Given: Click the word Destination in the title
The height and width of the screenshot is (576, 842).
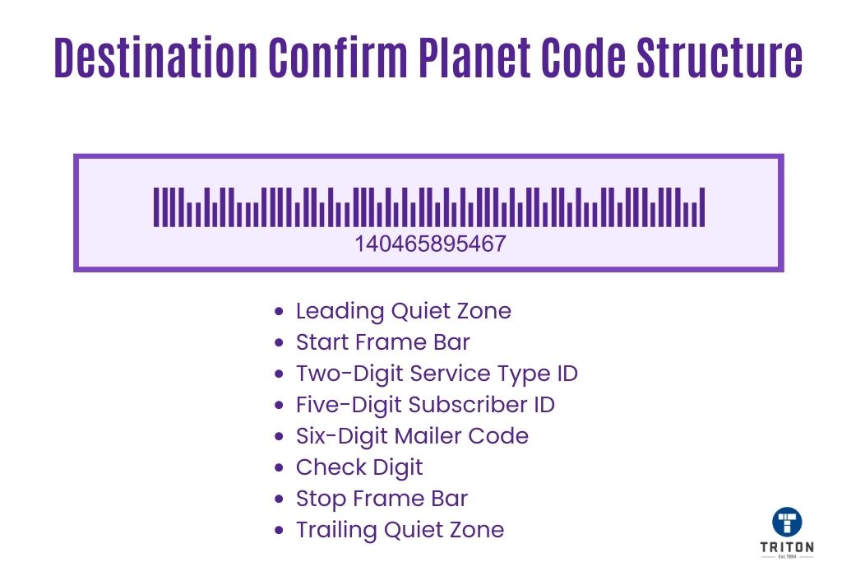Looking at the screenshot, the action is (155, 57).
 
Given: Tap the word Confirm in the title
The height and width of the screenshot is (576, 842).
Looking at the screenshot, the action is (338, 57).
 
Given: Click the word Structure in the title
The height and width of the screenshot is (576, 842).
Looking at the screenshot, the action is (719, 57).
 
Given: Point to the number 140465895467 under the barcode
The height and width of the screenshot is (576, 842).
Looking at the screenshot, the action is (430, 244).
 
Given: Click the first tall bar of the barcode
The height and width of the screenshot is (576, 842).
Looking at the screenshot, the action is (156, 207).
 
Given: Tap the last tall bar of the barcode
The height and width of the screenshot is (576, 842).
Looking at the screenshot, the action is (702, 207).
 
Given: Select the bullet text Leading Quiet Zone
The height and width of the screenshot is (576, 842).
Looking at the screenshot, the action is (403, 311).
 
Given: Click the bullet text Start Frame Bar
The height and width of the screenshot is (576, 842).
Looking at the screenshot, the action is (383, 342).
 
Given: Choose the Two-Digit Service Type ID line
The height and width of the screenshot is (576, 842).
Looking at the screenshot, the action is (437, 374).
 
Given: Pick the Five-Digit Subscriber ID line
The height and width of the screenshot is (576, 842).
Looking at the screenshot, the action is (425, 405).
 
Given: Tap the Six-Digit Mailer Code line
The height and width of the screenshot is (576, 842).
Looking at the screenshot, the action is (412, 436).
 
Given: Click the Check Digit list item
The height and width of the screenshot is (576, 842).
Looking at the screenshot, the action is (359, 467).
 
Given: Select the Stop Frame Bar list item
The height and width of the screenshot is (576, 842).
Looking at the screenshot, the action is (382, 499).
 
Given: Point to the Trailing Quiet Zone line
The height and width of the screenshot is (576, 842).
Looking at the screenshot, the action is (400, 530).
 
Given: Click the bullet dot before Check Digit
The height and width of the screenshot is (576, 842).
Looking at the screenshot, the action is (279, 467).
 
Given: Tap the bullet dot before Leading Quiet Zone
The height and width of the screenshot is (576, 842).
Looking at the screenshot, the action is (279, 311).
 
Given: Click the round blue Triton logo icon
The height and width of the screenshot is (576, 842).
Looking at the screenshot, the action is (787, 522).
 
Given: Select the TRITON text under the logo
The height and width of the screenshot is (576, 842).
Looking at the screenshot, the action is (787, 547).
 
